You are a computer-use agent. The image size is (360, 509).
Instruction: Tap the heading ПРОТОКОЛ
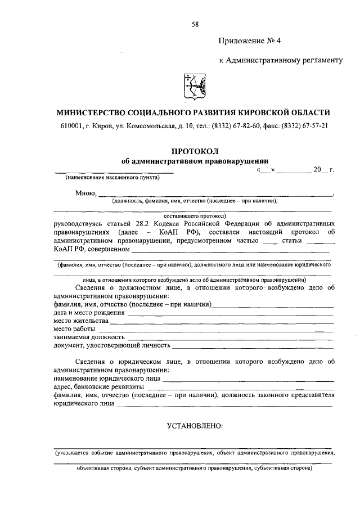[195, 151]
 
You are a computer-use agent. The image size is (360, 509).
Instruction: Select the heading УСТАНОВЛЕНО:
[195, 425]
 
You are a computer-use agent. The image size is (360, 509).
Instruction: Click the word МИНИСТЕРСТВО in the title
[96, 112]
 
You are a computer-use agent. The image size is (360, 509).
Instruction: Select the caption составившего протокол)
[195, 215]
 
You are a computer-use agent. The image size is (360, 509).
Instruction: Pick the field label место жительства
[80, 321]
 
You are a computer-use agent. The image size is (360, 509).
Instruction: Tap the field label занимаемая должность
[89, 337]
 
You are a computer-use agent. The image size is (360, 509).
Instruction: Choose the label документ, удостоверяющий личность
[111, 345]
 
